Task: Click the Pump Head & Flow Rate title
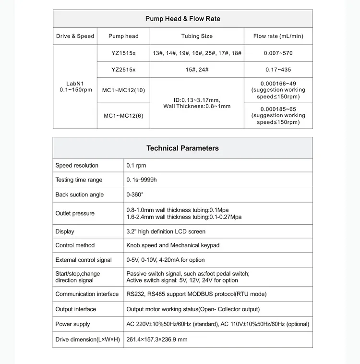click(183, 19)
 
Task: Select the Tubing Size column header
click(197, 36)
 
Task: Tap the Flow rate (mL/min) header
click(278, 36)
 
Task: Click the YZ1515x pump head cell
click(123, 52)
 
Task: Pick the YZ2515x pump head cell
click(123, 70)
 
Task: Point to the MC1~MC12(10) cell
click(123, 90)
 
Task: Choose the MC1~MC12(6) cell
click(123, 116)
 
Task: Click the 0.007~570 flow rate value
click(278, 52)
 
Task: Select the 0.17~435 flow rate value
click(278, 70)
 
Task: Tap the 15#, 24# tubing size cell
click(197, 70)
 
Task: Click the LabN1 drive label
click(75, 83)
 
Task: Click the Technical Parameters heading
click(182, 148)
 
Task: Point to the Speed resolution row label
click(77, 166)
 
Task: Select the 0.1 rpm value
click(136, 166)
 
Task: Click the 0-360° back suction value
click(135, 194)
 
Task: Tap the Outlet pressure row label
click(75, 213)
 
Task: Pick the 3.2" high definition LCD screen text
click(166, 231)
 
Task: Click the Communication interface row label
click(87, 294)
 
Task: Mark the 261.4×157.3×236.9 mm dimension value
click(157, 340)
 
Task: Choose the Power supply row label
click(72, 324)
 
